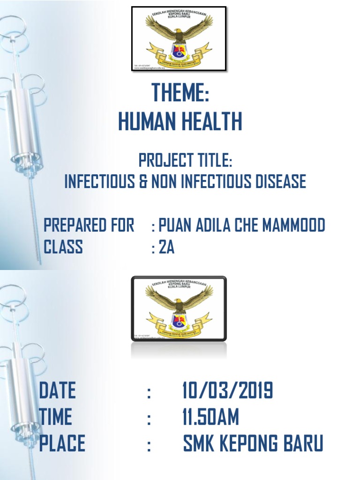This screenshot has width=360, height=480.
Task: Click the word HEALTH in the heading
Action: (213, 122)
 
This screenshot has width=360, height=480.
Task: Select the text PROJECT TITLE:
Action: (186, 161)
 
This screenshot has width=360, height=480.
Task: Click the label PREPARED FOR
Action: (89, 225)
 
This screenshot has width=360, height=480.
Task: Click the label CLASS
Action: (63, 247)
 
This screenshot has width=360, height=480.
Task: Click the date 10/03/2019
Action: (228, 390)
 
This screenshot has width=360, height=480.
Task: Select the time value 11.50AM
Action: (210, 417)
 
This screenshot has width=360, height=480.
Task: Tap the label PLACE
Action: (62, 443)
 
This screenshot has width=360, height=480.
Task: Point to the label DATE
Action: (57, 390)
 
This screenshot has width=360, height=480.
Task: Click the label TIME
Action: (56, 417)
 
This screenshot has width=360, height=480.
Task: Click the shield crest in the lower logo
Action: (179, 321)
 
